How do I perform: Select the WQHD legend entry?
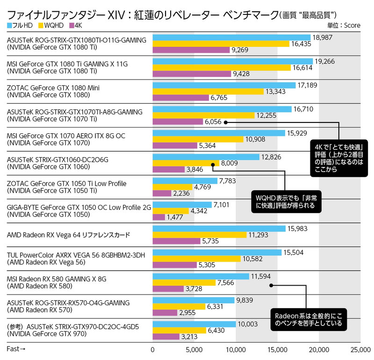[53, 25]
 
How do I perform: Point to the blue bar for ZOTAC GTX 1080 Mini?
[224, 85]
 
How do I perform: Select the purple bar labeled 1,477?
[159, 217]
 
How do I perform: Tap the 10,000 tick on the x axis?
[236, 349]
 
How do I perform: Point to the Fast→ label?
[16, 349]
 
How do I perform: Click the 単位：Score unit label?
[344, 25]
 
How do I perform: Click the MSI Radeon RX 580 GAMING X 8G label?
[57, 279]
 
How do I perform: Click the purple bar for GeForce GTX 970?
[166, 337]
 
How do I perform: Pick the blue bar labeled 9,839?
[194, 300]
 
